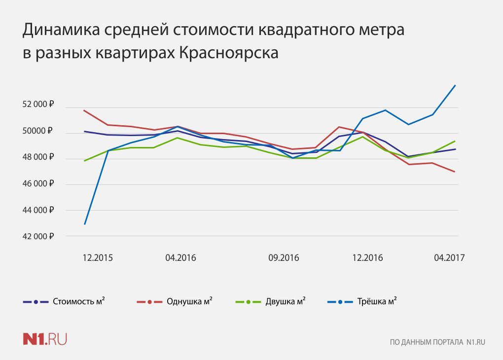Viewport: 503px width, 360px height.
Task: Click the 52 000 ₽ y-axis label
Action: click(38, 105)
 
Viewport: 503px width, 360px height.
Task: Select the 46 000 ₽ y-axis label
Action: click(38, 183)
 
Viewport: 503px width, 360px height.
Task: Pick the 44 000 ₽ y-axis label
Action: click(38, 210)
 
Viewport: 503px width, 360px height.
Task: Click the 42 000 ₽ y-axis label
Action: click(38, 236)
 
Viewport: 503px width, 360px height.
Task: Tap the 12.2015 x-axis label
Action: click(98, 257)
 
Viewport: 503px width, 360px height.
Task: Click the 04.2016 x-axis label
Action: click(181, 257)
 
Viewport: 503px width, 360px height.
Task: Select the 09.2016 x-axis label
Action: click(284, 257)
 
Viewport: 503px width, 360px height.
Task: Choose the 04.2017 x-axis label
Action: click(449, 257)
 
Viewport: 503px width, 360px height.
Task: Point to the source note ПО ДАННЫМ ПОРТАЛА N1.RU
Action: click(437, 342)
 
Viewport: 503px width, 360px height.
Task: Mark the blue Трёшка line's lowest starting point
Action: click(85, 224)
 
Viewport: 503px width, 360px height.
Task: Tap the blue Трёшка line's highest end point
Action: click(455, 85)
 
